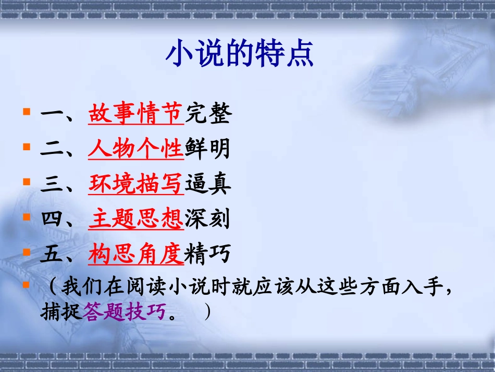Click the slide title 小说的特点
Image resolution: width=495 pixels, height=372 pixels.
(x=239, y=54)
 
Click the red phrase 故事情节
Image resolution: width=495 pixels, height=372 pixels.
(x=136, y=114)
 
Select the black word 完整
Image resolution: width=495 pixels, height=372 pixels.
(x=207, y=114)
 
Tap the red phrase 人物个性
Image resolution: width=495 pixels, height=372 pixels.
(x=136, y=149)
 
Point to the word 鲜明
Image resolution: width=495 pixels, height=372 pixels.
(x=207, y=149)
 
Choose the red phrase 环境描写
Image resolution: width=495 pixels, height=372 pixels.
(x=136, y=184)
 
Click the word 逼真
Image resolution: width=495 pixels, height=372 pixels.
(x=207, y=184)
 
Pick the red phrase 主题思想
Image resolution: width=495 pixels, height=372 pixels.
(x=136, y=220)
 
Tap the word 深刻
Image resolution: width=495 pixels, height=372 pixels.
(x=207, y=220)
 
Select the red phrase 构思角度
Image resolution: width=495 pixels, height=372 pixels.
(x=136, y=255)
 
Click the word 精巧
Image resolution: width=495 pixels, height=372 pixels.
(x=207, y=255)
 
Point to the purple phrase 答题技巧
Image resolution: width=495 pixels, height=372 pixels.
(x=126, y=313)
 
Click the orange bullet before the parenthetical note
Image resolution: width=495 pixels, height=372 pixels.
(x=27, y=284)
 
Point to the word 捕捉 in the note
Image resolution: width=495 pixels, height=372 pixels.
(x=61, y=313)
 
